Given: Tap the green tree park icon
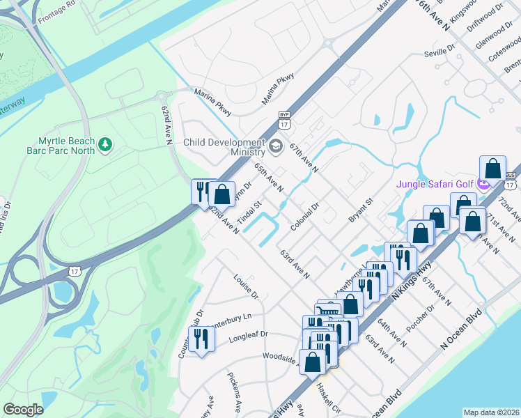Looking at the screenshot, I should pos(105,144).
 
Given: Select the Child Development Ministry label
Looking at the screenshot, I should pos(225,147).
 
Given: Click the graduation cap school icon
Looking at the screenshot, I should pos(276,146).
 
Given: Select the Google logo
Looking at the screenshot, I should pos(23,409).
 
